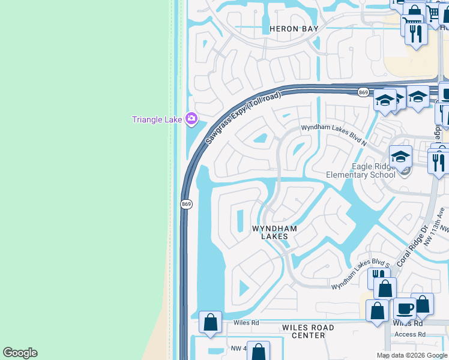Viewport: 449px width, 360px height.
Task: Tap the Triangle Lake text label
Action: [x=157, y=119]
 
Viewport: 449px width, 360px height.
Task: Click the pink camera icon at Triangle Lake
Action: [x=191, y=119]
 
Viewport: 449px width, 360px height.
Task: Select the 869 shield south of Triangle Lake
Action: [x=186, y=205]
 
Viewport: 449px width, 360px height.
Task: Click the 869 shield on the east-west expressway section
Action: [x=363, y=92]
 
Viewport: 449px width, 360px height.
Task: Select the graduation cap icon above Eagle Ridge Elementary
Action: [x=400, y=157]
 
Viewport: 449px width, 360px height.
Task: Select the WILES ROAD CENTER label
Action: [x=308, y=331]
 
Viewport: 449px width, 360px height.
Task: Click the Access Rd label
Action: [x=411, y=334]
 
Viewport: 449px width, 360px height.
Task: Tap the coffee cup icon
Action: [x=405, y=308]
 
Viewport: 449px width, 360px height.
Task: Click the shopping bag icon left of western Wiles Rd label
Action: [x=211, y=322]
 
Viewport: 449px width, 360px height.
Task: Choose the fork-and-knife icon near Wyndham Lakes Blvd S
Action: [x=378, y=277]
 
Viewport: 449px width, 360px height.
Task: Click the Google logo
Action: [x=20, y=353]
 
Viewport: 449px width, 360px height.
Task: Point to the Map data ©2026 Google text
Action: [x=411, y=355]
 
